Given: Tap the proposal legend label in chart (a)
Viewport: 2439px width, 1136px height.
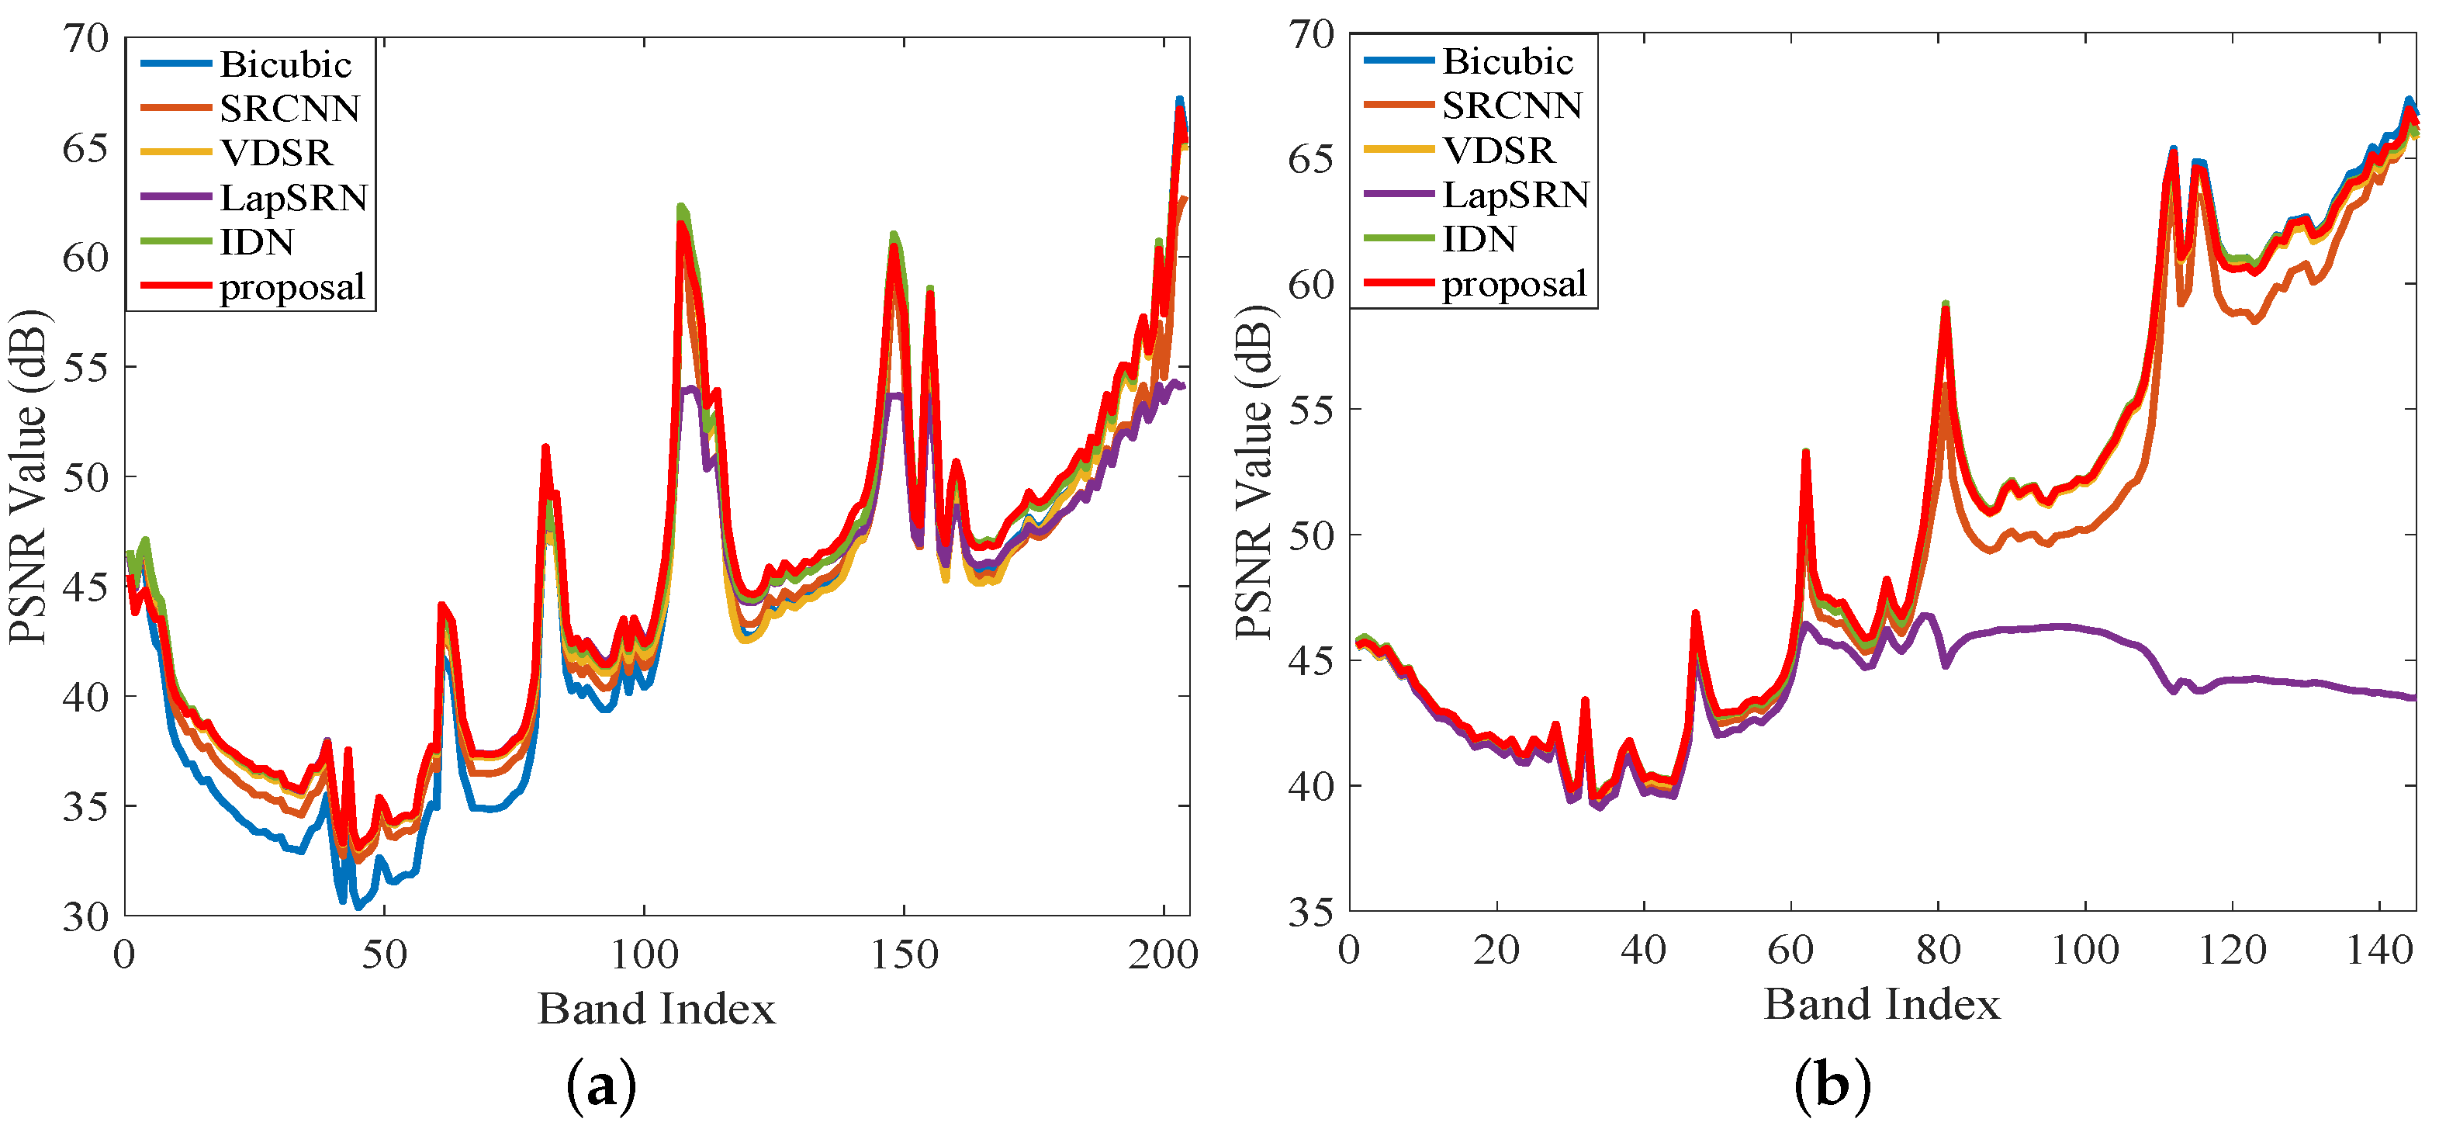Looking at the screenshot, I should click(x=292, y=287).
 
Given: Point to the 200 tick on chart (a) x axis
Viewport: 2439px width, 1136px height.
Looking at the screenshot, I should click(x=1163, y=954).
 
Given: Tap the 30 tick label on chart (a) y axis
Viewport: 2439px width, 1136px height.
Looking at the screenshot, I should click(x=85, y=916).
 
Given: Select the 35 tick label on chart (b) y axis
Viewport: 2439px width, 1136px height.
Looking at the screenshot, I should click(x=1310, y=912).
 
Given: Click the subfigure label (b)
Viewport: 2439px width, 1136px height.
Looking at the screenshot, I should click(x=1831, y=1085).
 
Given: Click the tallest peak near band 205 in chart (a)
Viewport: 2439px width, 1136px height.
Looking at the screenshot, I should click(x=1179, y=99).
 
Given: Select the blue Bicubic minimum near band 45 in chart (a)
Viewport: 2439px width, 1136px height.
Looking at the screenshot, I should click(x=358, y=907).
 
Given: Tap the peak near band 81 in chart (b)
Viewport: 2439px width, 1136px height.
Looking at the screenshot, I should click(x=1946, y=305).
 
